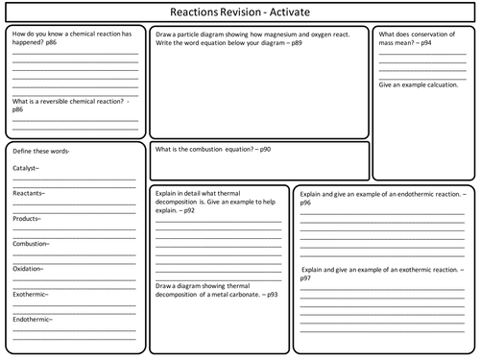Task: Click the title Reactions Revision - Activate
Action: pos(239,11)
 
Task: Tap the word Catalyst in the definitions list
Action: pos(25,168)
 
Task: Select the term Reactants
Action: pos(28,193)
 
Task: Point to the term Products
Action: pos(26,218)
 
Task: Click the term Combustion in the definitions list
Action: pos(31,244)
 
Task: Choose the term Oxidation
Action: pos(29,269)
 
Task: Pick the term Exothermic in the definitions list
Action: pos(32,294)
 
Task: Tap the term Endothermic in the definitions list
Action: pos(34,319)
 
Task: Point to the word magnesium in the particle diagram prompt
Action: pos(276,34)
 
